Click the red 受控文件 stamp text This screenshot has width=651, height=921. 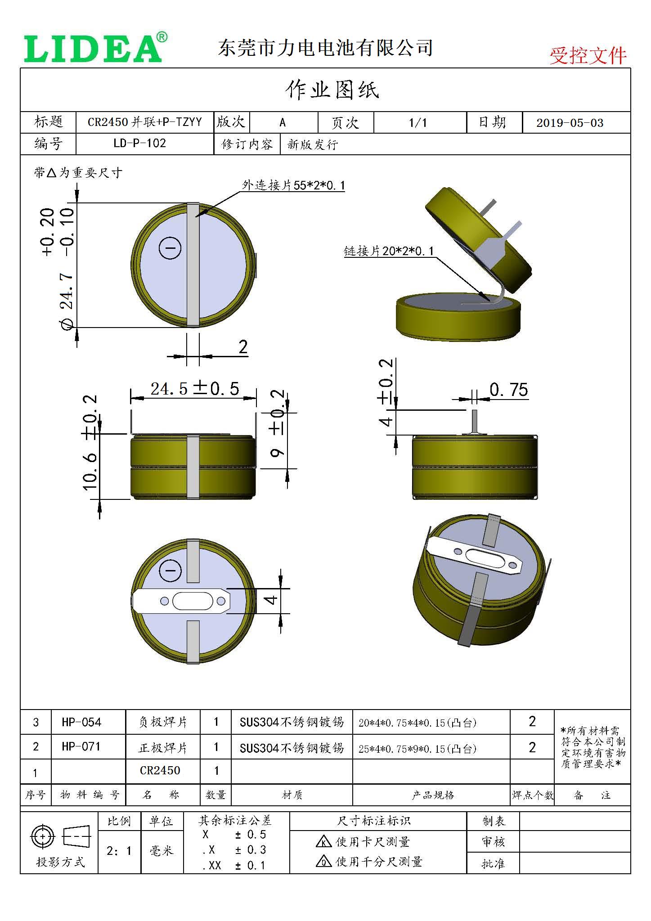[x=588, y=56]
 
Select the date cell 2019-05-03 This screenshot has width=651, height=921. [x=570, y=123]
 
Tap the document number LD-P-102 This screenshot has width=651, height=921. [x=139, y=144]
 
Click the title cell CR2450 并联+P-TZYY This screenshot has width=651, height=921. [x=144, y=122]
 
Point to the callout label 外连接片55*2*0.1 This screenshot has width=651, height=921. [x=293, y=185]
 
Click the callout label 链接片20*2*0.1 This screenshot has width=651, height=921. [x=389, y=251]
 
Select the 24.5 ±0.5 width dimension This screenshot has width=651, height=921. [x=194, y=389]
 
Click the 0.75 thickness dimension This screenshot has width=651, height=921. [x=508, y=390]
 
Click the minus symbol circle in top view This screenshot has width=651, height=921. [x=170, y=248]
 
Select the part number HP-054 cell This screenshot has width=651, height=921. [x=81, y=722]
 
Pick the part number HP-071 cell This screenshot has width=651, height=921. [x=81, y=747]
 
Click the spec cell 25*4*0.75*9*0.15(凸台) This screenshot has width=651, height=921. [x=417, y=749]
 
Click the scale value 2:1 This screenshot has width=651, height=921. [x=119, y=851]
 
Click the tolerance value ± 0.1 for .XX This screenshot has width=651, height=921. [x=250, y=865]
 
